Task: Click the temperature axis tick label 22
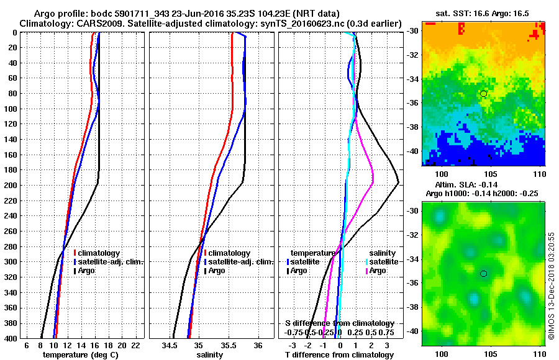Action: [x=136, y=346]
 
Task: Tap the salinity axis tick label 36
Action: [x=258, y=346]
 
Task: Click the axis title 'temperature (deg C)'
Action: [x=80, y=355]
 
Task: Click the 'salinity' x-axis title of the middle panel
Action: [x=210, y=355]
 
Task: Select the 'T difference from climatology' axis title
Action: [x=339, y=355]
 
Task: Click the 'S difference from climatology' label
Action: [x=339, y=323]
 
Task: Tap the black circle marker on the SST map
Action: [x=483, y=93]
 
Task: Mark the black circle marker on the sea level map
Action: [x=483, y=273]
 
